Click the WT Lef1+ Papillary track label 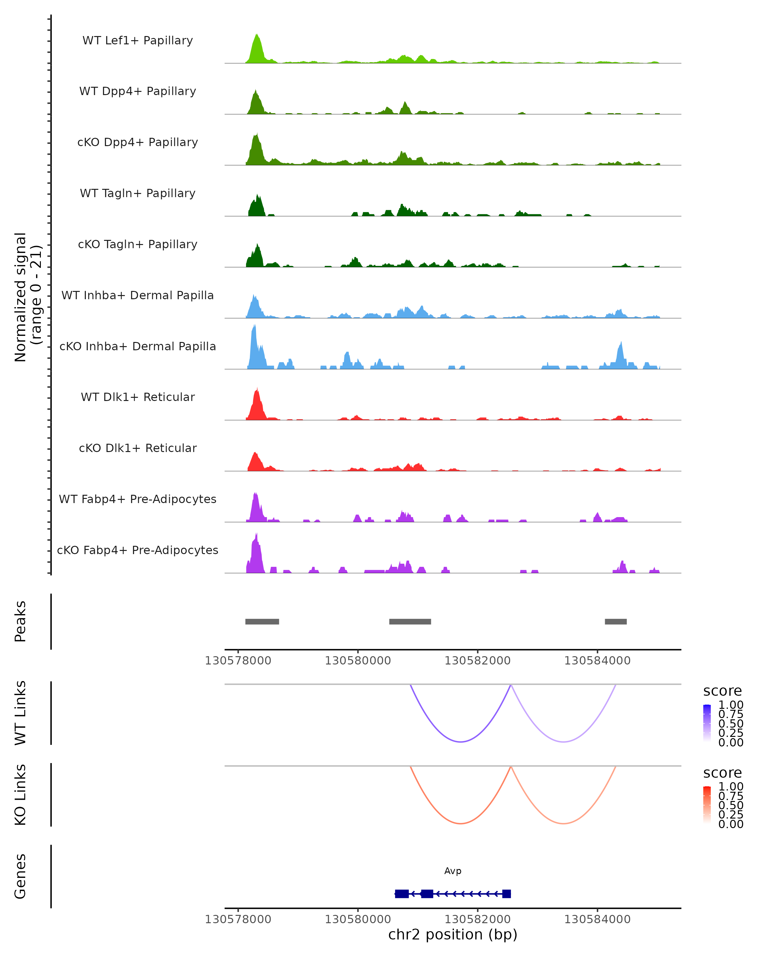pos(138,41)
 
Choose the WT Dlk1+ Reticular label pos(138,397)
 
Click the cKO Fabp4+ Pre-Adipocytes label pos(138,550)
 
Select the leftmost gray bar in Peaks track pos(262,621)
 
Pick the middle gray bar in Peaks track pos(410,621)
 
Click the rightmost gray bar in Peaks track pos(615,621)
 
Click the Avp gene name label pos(453,871)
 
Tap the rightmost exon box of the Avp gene pos(506,894)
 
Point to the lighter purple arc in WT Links pos(563,741)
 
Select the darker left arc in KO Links pos(461,823)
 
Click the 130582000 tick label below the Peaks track pos(477,661)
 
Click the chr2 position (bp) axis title pos(453,934)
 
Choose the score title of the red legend pos(722,773)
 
